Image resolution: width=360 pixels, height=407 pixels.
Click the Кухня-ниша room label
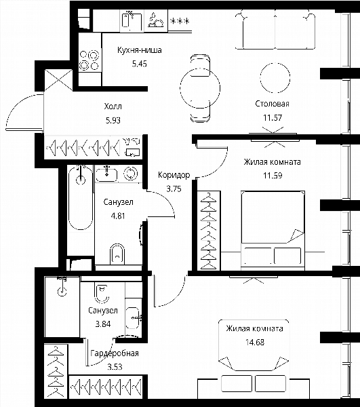coord(139,50)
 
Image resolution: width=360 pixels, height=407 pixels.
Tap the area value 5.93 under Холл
coord(113,120)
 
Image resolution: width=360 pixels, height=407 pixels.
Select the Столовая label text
coord(272,104)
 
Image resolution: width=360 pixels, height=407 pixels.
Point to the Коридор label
coord(174,175)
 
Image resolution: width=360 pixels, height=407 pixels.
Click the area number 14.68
coord(255,342)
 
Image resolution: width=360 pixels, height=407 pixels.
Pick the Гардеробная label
coord(115,353)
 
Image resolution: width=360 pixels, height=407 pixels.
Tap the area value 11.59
coord(273,176)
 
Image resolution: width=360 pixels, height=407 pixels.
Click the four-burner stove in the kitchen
coord(89,60)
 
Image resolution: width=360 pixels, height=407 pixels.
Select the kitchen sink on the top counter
coord(132,21)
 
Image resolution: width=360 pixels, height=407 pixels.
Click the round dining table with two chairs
coord(200,88)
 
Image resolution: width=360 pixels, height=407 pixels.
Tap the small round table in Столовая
coord(275,77)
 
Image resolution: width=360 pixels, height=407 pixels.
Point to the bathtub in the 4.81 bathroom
coord(81,198)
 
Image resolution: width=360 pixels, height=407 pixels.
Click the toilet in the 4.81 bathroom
coord(117,254)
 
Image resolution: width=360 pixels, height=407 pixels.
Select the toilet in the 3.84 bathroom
coord(101,294)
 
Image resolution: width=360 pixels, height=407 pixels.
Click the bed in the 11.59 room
coord(273,231)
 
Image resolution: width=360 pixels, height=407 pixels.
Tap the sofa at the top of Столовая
coord(275,29)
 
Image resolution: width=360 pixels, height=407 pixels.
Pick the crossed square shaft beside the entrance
coord(58,79)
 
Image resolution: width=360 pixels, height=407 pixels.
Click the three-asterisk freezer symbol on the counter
coord(180,21)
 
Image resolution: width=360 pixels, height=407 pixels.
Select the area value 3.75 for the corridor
coord(174,189)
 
